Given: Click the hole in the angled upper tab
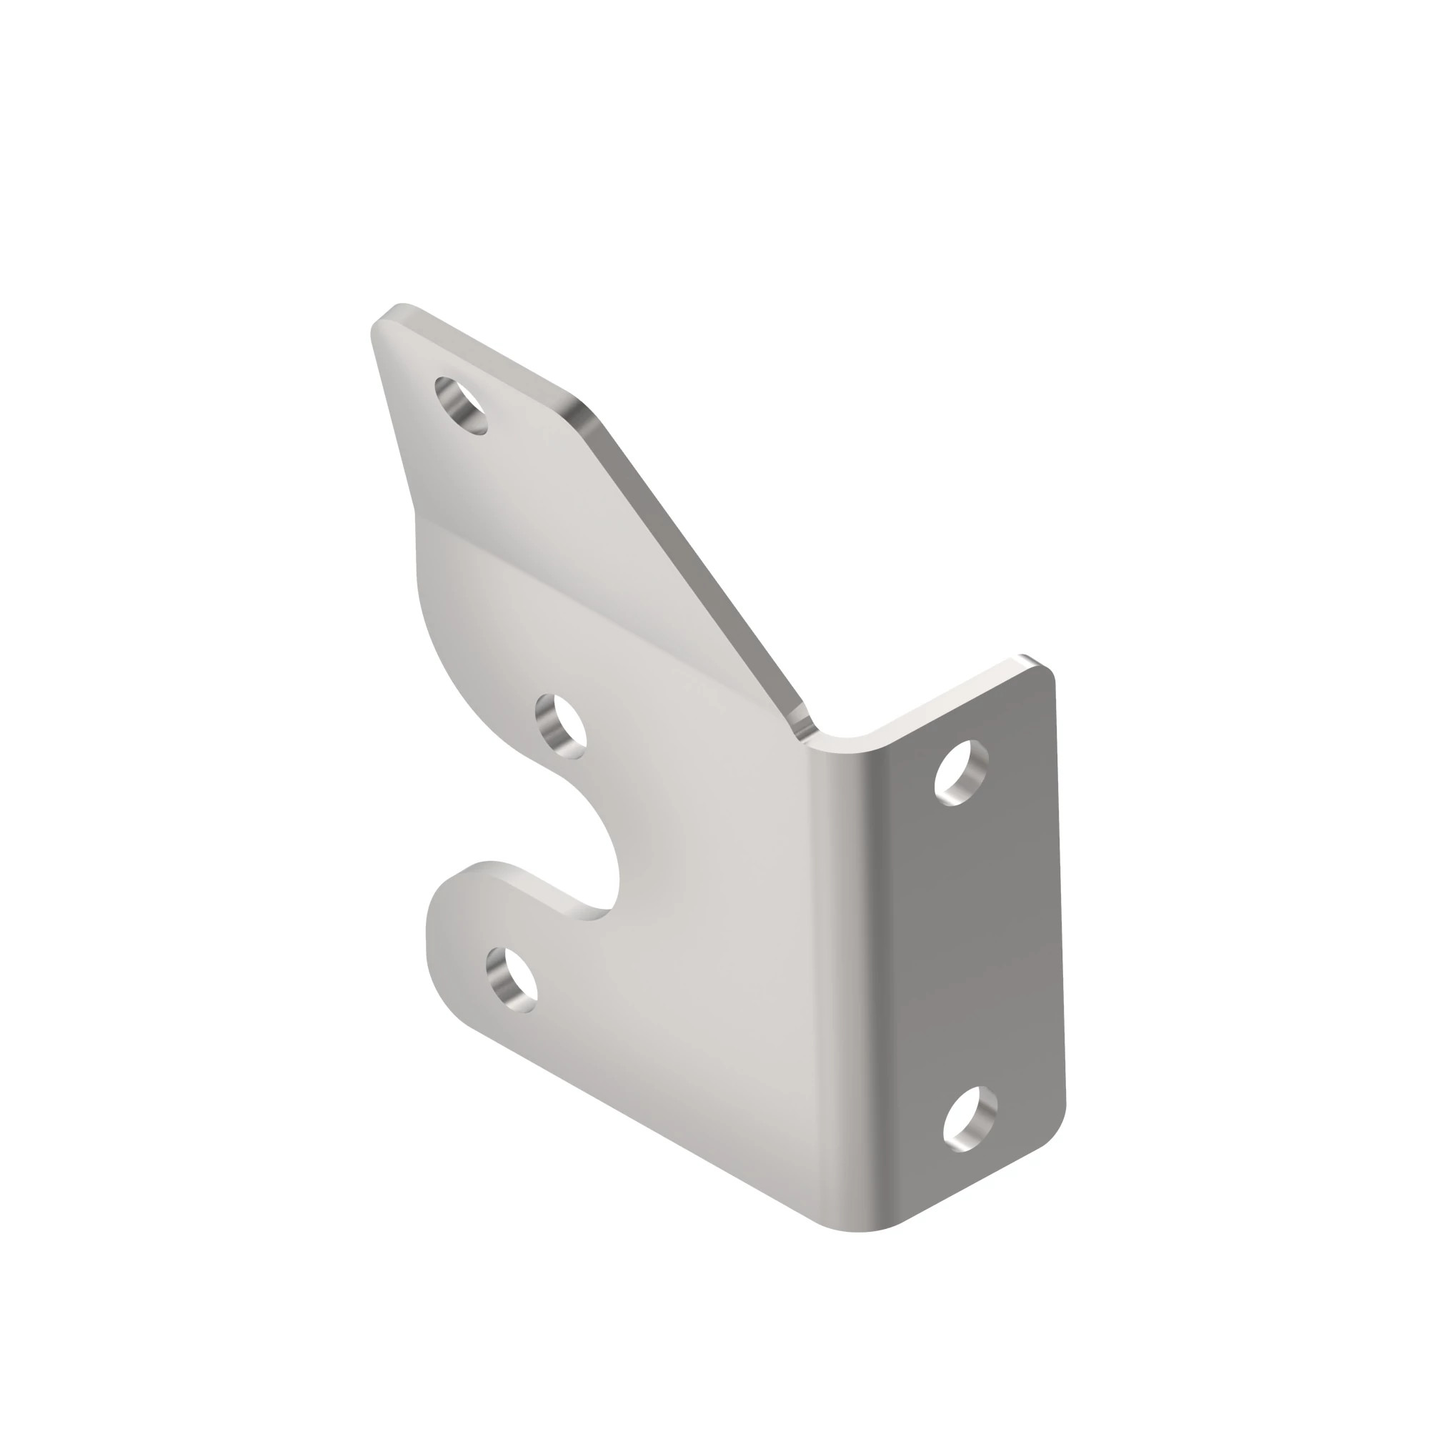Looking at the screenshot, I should [x=462, y=404].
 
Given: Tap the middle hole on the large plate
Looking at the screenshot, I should [x=561, y=726].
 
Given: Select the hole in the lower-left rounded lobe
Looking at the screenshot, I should [x=511, y=980].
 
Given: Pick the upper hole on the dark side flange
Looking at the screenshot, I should [x=962, y=773].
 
